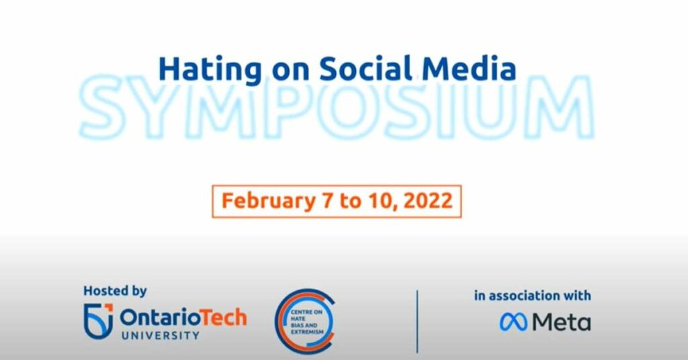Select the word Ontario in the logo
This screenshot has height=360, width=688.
(x=154, y=317)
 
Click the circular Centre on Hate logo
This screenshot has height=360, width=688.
(x=303, y=321)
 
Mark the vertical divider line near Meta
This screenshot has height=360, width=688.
(x=417, y=321)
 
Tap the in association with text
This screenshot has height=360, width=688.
(x=532, y=296)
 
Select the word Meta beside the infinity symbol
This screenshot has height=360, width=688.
(x=561, y=322)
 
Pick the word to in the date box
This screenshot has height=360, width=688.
(x=350, y=201)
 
